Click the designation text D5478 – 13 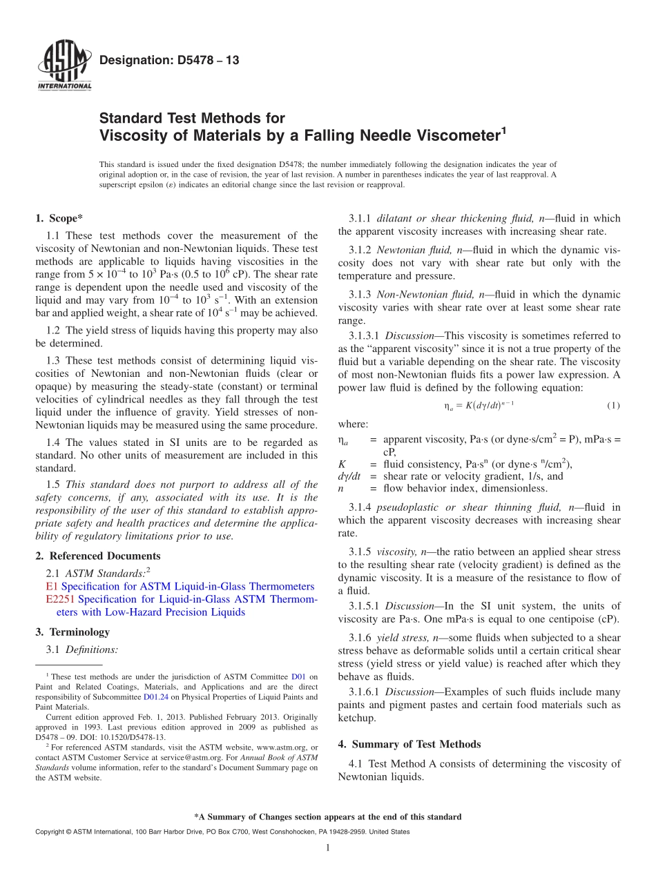169,61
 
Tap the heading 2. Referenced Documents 97,556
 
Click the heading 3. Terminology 73,632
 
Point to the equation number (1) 613,405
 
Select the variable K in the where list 342,463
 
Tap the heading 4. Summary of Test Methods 409,744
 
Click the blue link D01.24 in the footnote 155,697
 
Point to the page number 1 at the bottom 328,847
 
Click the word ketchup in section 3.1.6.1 357,718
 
